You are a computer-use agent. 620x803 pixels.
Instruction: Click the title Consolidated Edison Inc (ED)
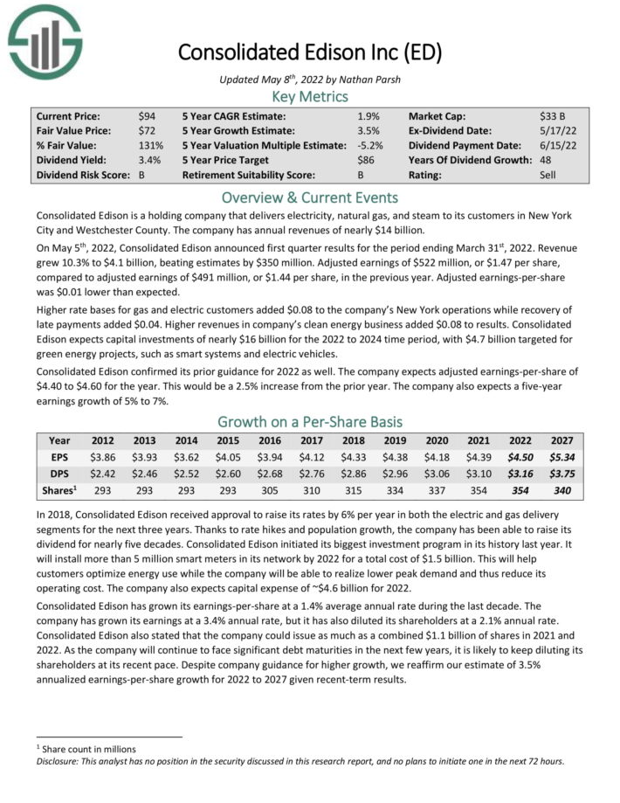point(310,52)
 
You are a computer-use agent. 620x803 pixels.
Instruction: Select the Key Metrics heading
point(310,96)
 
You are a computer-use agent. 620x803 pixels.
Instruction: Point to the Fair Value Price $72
point(148,131)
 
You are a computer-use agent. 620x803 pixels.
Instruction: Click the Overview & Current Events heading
point(310,197)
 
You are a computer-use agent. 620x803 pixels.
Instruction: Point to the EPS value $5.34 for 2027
point(562,457)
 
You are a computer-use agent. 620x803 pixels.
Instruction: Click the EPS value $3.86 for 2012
point(102,457)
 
